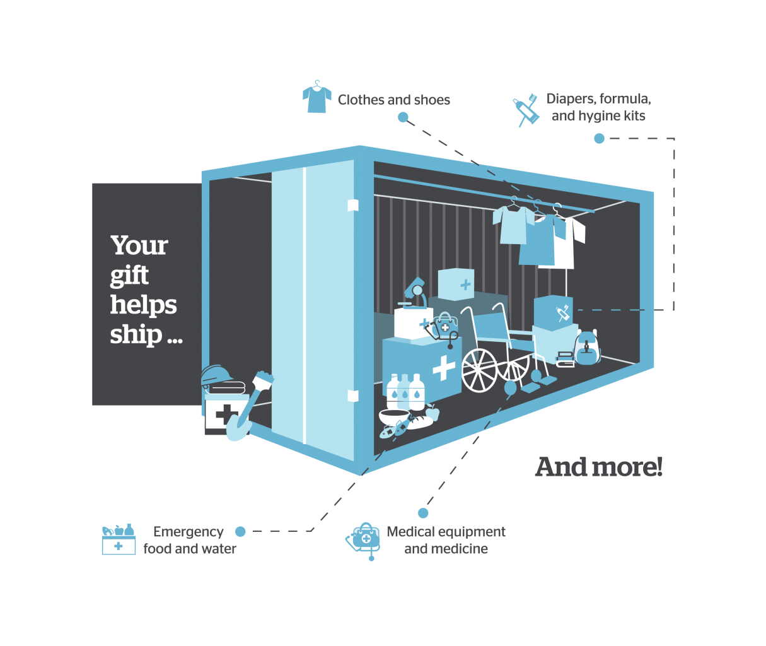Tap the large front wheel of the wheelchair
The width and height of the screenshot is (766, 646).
click(x=480, y=370)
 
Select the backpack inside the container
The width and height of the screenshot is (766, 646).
click(x=587, y=348)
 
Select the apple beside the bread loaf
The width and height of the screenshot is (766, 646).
click(x=432, y=412)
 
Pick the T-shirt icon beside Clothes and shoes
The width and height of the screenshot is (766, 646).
click(x=317, y=98)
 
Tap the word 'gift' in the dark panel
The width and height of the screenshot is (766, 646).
click(x=129, y=275)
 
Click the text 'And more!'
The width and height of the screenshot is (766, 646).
click(x=598, y=467)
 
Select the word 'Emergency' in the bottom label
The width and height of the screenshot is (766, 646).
click(x=188, y=532)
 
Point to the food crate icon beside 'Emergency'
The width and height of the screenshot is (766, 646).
click(x=119, y=540)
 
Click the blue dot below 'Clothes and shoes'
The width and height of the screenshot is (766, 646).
click(x=403, y=117)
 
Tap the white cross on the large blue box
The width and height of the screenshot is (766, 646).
click(x=444, y=368)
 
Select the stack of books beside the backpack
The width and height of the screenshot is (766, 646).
click(x=565, y=359)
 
